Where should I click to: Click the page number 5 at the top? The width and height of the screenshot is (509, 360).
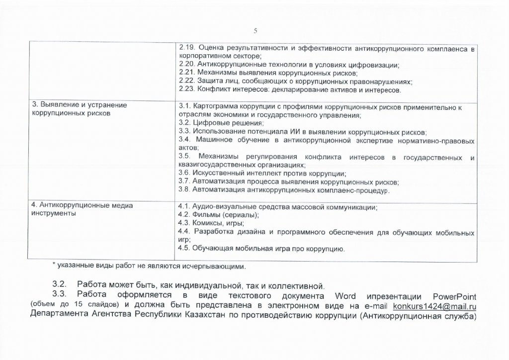255,31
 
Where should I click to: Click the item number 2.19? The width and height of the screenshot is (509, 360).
186,49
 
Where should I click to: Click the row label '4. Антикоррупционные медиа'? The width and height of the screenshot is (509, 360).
76,205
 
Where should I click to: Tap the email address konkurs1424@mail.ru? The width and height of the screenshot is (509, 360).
435,305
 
